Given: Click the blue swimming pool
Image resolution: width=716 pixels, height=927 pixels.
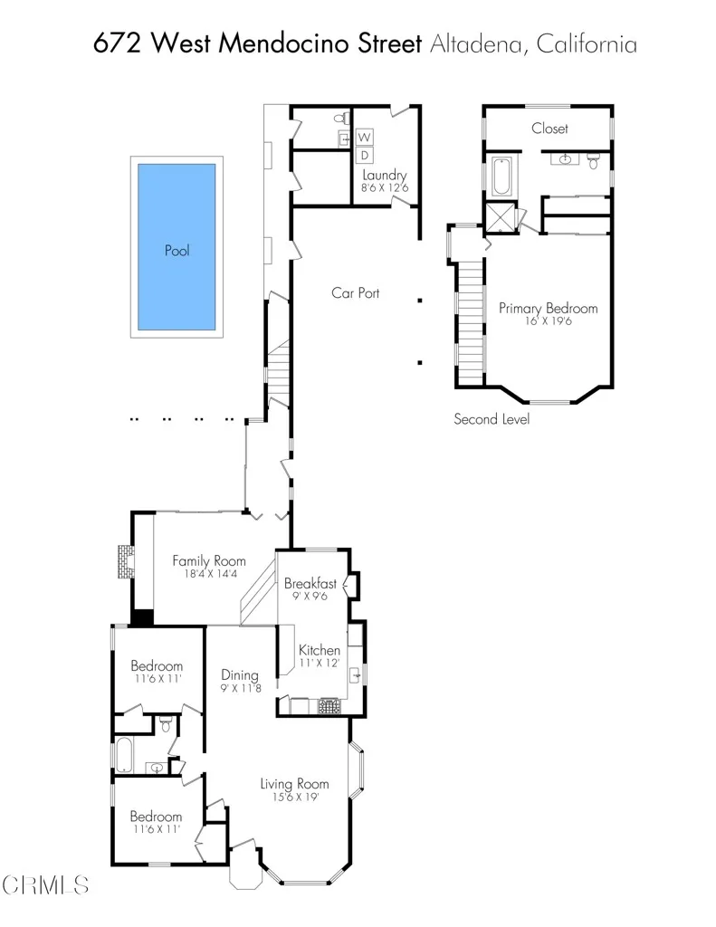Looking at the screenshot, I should (177, 247).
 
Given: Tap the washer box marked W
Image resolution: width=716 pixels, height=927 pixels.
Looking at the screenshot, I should (366, 137).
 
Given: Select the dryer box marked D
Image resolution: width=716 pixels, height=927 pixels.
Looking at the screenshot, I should (366, 156).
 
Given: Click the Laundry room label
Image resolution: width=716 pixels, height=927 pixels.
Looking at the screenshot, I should (385, 175).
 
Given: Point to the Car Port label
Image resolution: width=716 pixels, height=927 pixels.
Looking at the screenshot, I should (355, 292).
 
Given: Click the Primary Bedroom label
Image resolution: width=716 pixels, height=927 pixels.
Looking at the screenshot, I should (548, 308).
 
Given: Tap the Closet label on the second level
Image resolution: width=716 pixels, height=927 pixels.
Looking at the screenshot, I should (549, 129).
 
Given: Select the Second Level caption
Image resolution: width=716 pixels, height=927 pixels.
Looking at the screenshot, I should (492, 419).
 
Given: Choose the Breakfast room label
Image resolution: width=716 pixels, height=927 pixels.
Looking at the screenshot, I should (310, 584).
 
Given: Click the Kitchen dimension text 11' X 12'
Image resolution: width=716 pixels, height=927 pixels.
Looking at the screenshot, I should (320, 663).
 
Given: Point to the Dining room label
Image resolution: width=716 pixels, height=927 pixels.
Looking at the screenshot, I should (240, 674).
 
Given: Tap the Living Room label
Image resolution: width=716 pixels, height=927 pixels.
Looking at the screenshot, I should (294, 783).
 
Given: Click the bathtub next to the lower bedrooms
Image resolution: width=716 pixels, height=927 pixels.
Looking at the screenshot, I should (124, 756).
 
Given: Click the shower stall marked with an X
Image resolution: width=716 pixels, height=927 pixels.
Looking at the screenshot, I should (499, 218).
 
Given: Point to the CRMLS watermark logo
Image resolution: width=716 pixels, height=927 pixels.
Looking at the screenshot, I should (45, 884).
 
